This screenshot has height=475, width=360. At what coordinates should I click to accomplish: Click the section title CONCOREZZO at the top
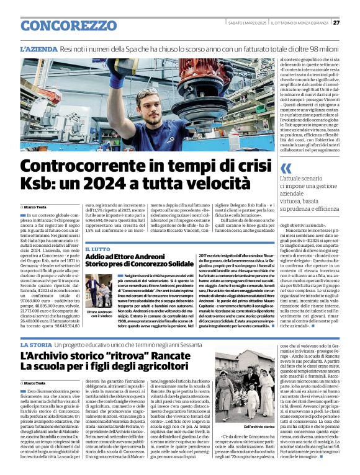(x=60, y=26)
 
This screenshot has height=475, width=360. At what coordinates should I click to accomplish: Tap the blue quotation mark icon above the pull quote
(x=286, y=168)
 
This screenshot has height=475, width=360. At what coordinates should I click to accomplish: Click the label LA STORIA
(x=36, y=344)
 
